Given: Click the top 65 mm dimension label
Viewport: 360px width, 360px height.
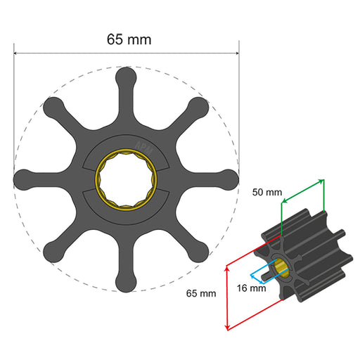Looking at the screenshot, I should (128, 39).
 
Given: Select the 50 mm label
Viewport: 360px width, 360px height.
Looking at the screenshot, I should (267, 191).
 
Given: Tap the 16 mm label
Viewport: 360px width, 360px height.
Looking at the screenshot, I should (251, 288).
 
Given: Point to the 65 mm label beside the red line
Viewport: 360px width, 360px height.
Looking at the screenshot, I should (201, 292).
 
